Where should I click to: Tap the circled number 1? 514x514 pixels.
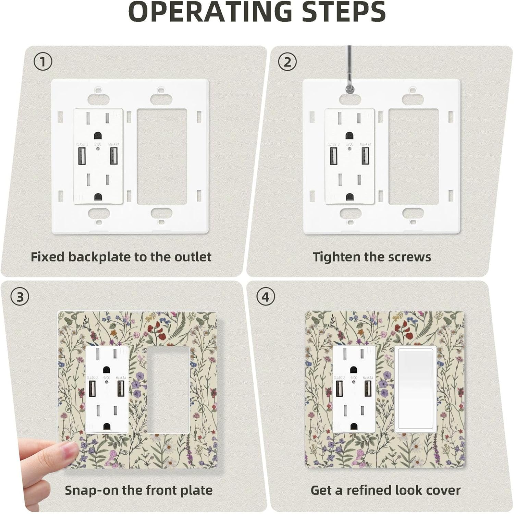pos(43,62)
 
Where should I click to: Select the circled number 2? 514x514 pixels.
pos(287,62)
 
